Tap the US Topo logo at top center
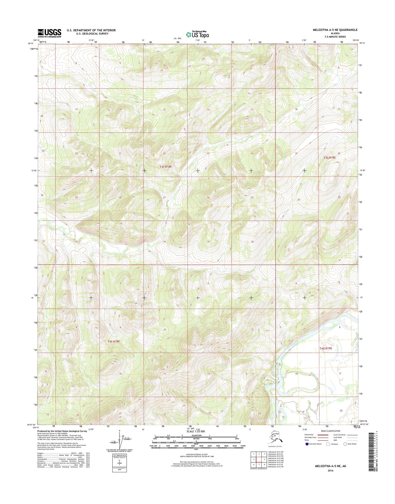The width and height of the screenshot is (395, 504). tap(197, 34)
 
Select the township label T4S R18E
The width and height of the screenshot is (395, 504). tap(113, 341)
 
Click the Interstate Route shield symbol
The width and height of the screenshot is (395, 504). tap(307, 444)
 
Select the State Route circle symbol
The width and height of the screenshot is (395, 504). tap(345, 444)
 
